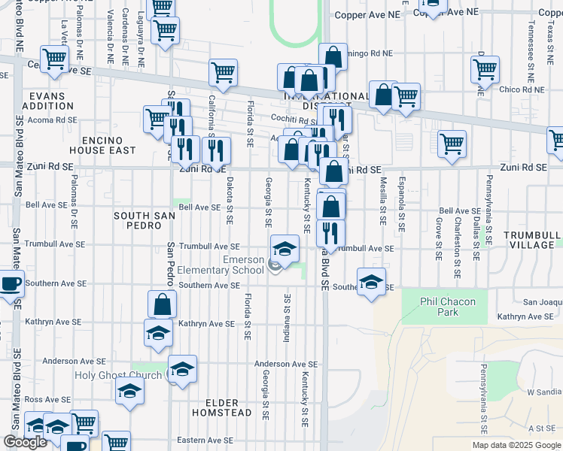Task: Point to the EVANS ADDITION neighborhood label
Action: (48, 101)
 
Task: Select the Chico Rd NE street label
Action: (522, 89)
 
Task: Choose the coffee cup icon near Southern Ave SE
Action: (11, 284)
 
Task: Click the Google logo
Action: (25, 442)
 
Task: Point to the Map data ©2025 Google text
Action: (517, 445)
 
